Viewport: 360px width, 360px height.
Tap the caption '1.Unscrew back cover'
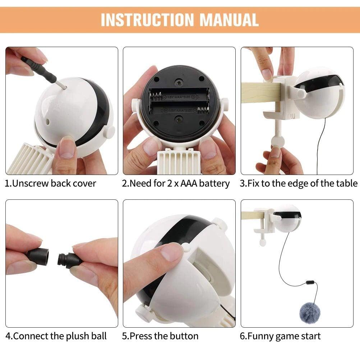[51, 184]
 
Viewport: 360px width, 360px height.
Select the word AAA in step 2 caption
[189, 184]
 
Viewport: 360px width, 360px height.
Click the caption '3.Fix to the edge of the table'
[299, 184]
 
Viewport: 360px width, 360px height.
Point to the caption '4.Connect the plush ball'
[56, 336]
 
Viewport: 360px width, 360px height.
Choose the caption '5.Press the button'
[160, 336]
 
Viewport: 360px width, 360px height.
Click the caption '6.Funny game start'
[280, 336]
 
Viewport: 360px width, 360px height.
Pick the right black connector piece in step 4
[68, 258]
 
